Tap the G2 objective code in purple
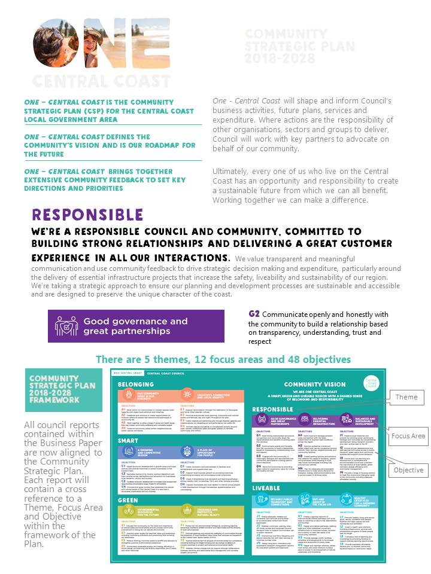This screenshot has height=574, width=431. click(254, 315)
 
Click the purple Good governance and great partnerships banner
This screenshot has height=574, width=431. click(136, 326)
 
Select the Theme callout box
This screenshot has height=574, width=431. click(406, 397)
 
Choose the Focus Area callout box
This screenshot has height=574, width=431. click(408, 436)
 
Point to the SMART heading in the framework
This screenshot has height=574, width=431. click(128, 441)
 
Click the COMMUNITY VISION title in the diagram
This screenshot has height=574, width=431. click(314, 384)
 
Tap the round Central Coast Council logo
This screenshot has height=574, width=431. click(371, 383)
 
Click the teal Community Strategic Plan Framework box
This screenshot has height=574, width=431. click(53, 389)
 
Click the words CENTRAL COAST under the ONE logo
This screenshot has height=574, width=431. click(93, 81)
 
